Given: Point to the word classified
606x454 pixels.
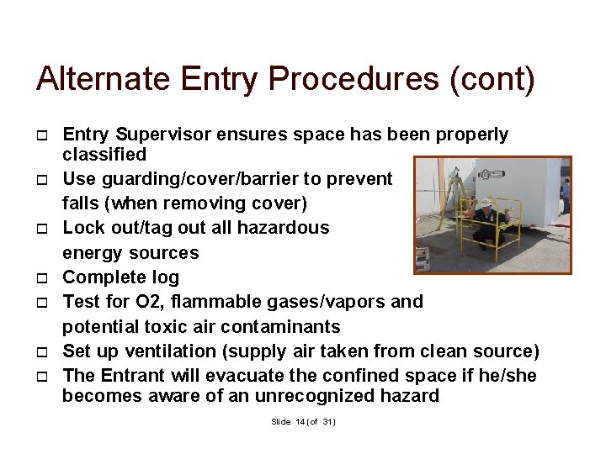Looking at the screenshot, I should pyautogui.click(x=104, y=154).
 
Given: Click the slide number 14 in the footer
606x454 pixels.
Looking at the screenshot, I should pyautogui.click(x=300, y=421).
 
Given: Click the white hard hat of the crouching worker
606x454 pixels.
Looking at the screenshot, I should pyautogui.click(x=486, y=202).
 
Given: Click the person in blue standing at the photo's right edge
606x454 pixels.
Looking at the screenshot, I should pyautogui.click(x=566, y=195).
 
